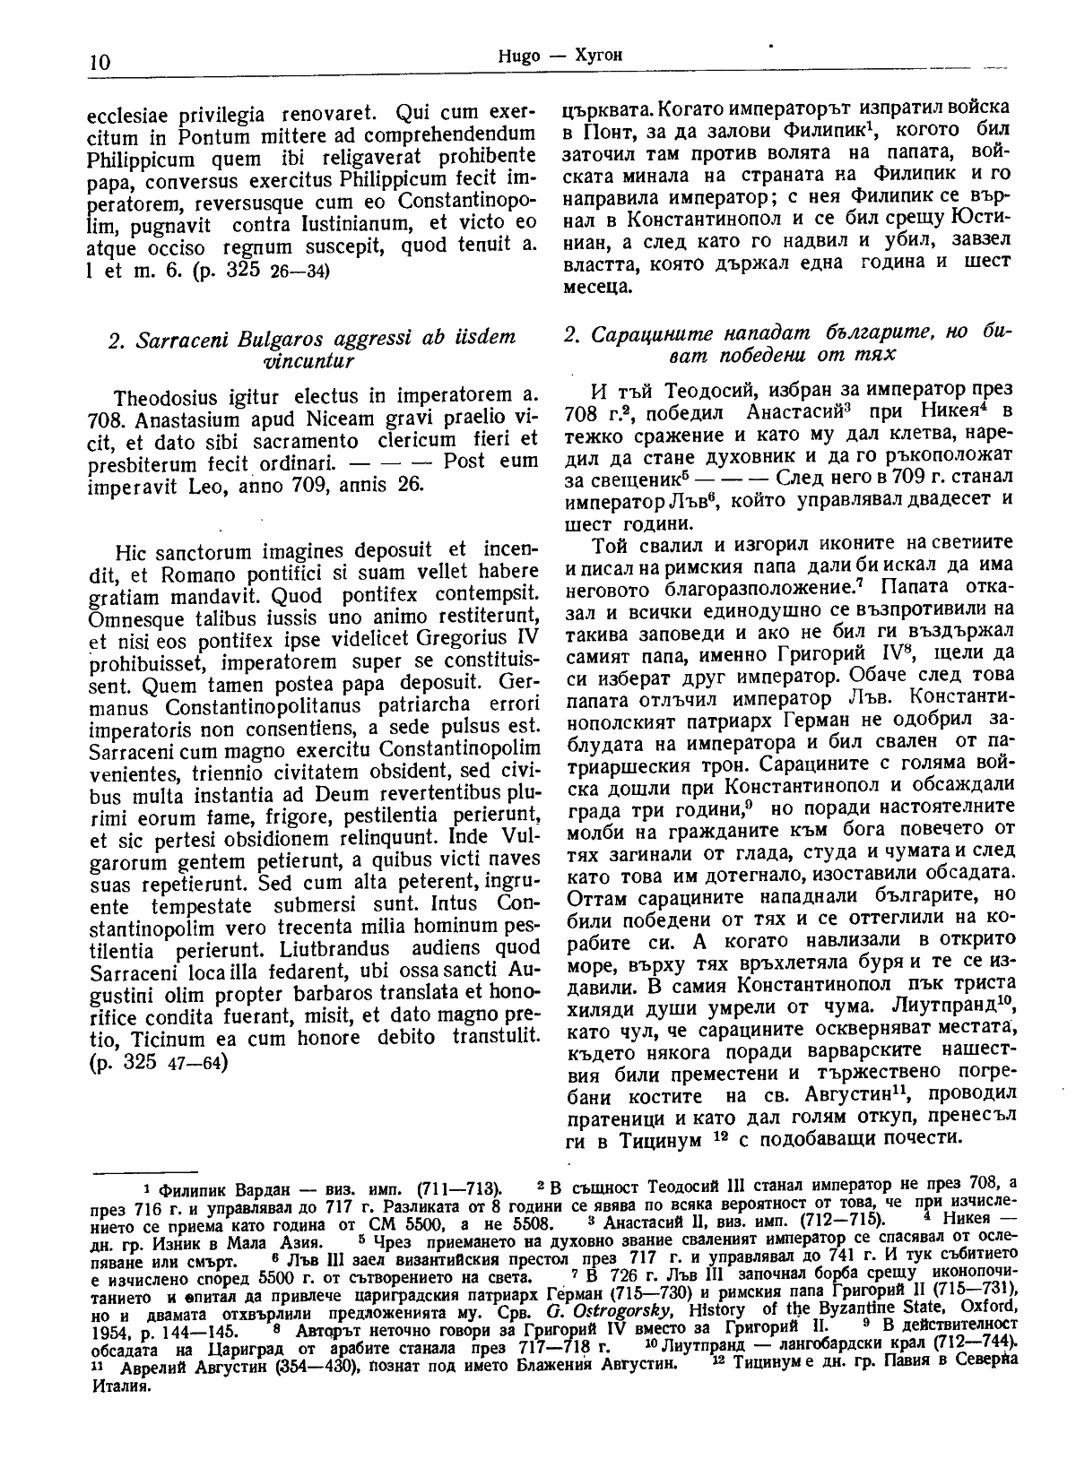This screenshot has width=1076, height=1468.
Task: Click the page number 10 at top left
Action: [x=99, y=62]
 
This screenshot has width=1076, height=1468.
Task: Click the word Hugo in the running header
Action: [x=512, y=55]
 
